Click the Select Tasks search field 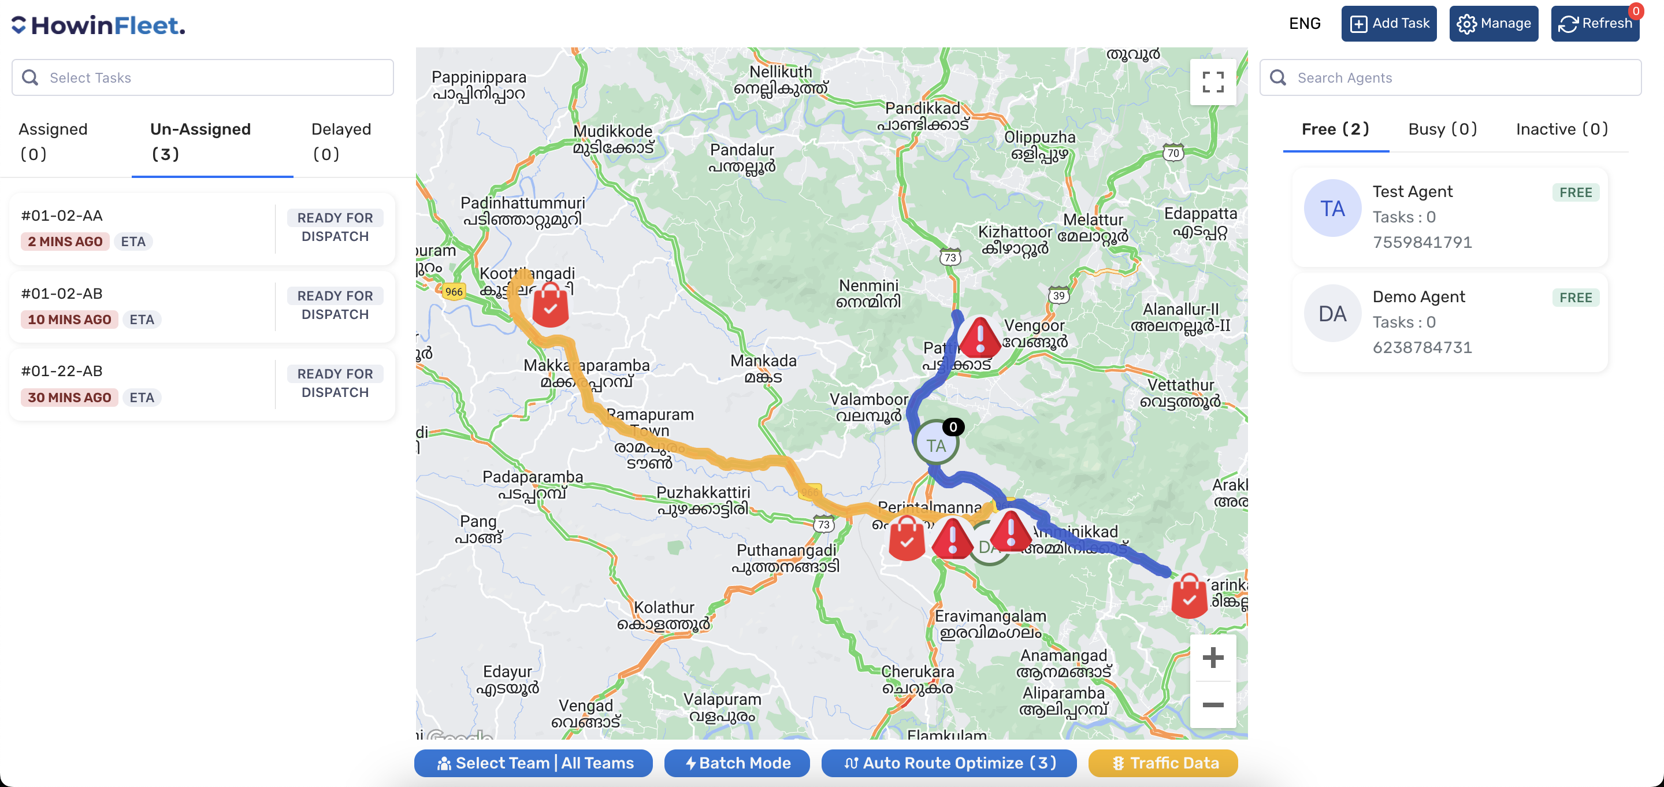202,77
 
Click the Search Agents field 1450,77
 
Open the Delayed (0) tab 340,141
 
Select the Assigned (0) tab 53,141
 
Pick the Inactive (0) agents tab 1561,129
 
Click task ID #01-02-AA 62,215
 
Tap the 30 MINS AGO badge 69,398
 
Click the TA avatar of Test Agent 1332,209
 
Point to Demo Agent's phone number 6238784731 1422,348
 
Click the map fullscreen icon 1213,82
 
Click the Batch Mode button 737,763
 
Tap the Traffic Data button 1162,763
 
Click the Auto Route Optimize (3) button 948,763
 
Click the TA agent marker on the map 935,444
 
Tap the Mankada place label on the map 763,361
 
